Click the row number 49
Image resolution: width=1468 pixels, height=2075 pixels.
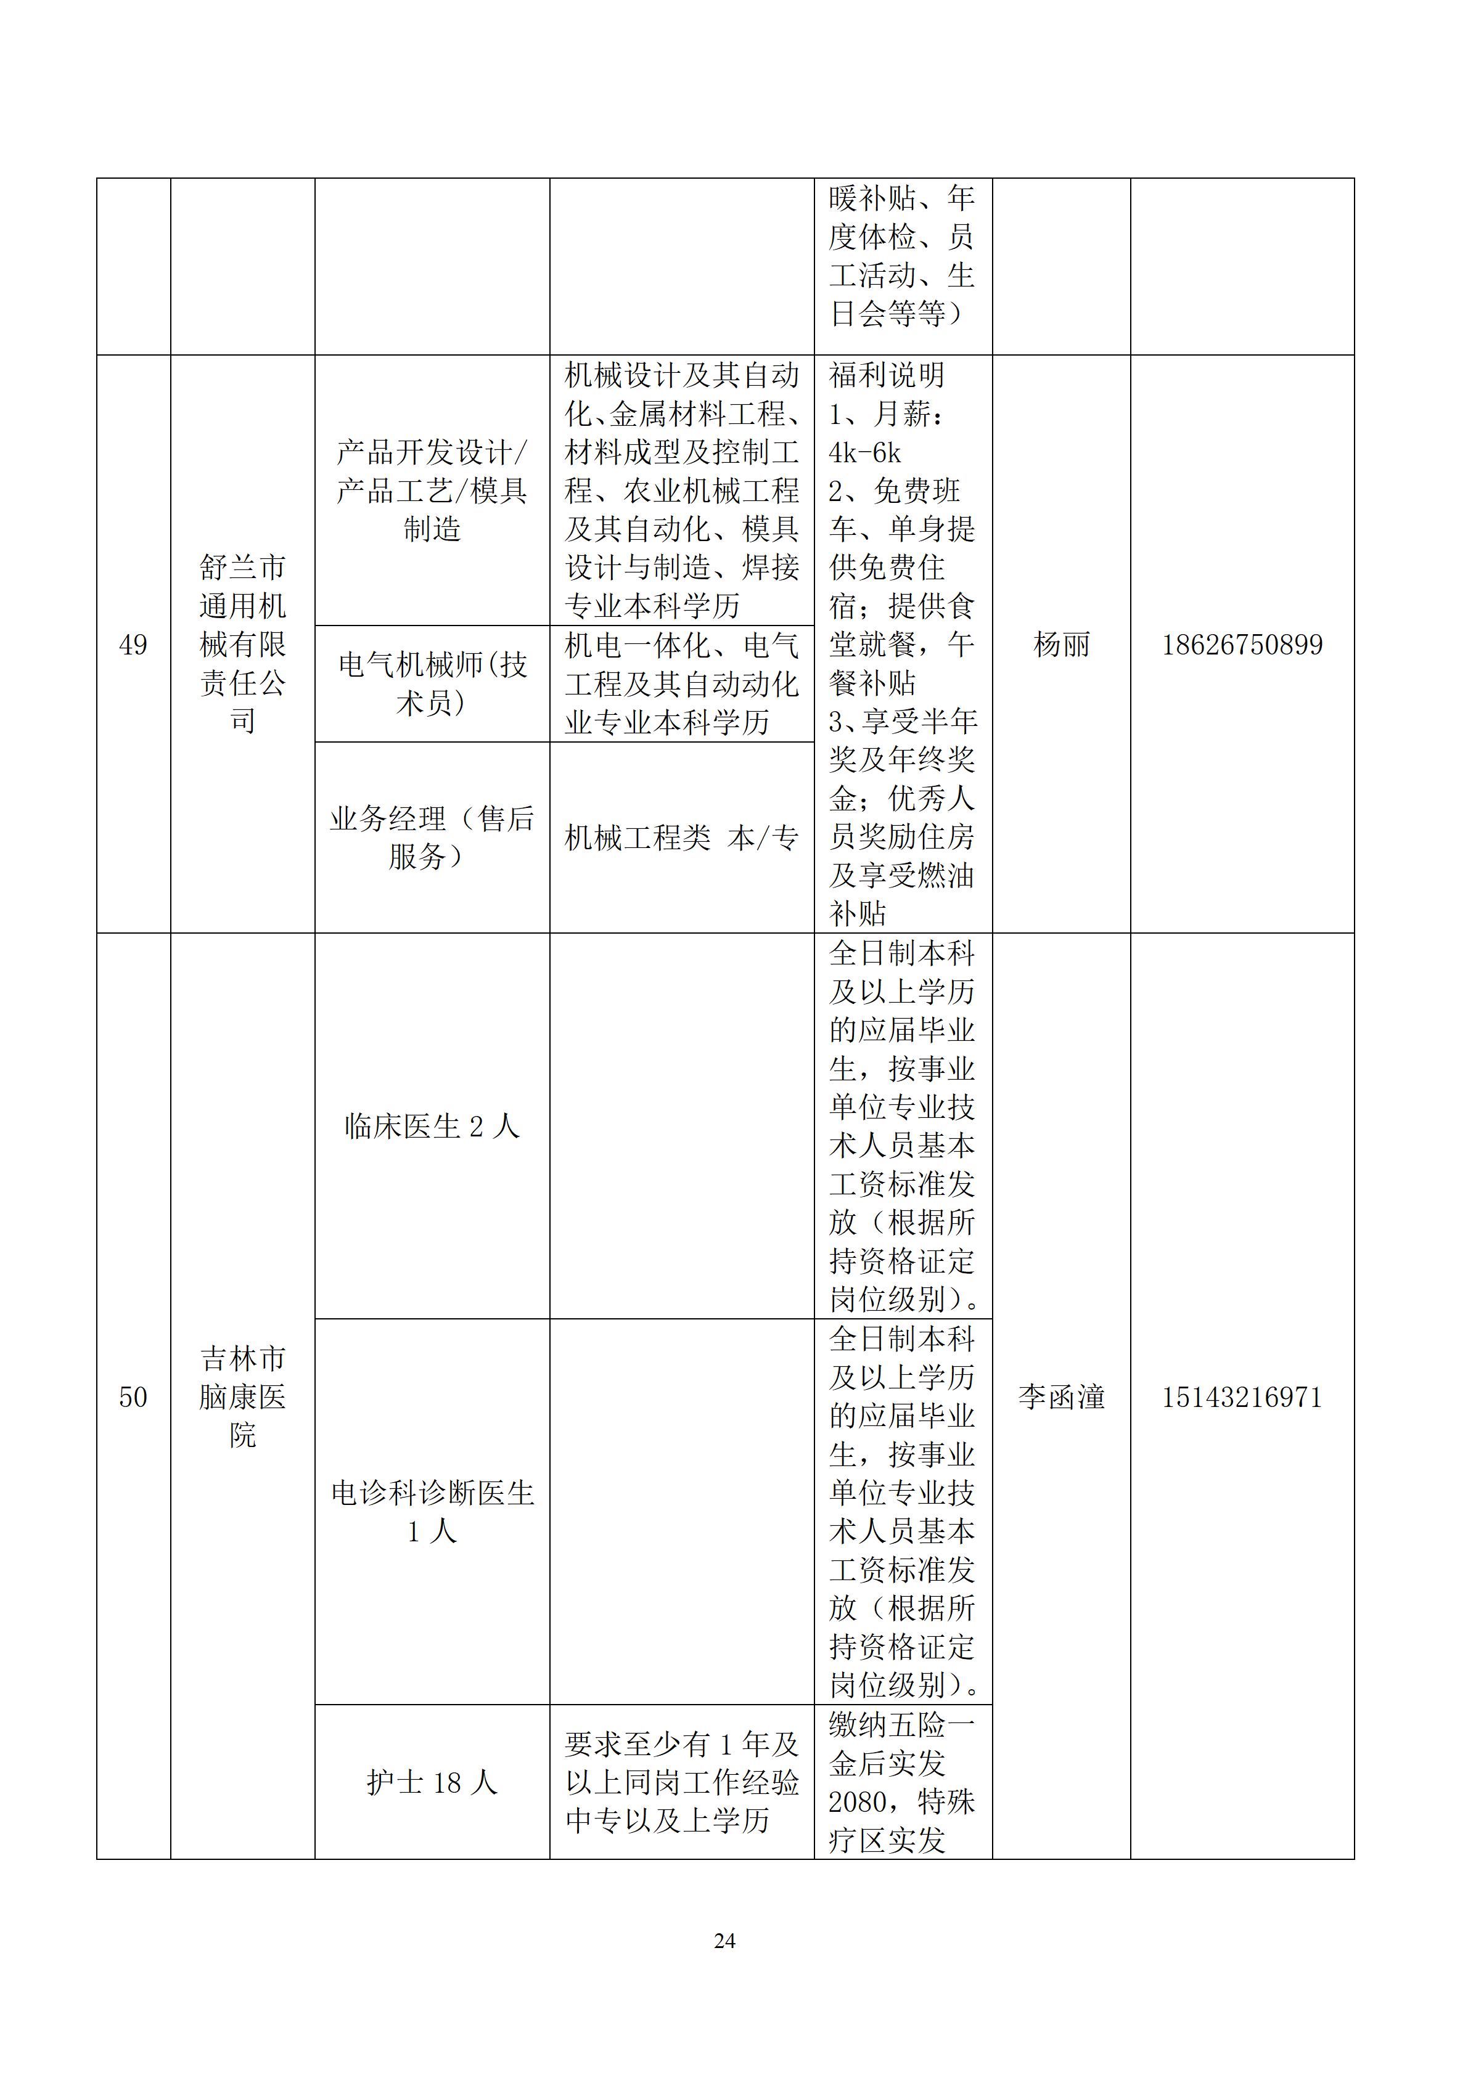(x=133, y=645)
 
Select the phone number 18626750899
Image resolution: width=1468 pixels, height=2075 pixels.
(x=1241, y=645)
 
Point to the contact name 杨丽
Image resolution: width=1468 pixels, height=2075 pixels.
(x=1061, y=645)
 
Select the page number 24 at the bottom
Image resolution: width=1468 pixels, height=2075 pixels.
(x=724, y=1940)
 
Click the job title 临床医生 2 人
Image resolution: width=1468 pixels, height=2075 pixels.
(x=432, y=1126)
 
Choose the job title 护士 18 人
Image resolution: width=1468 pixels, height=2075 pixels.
(x=432, y=1782)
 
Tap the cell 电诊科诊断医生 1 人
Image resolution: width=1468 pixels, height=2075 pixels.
(x=432, y=1511)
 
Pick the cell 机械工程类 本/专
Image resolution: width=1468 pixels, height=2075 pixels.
(x=681, y=838)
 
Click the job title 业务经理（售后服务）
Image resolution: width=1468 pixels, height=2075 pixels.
(x=432, y=838)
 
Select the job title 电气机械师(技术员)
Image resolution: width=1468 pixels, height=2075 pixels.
(x=432, y=683)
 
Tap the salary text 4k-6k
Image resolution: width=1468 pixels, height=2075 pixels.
(x=865, y=452)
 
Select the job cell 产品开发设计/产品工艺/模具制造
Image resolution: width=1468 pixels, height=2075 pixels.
(x=432, y=490)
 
